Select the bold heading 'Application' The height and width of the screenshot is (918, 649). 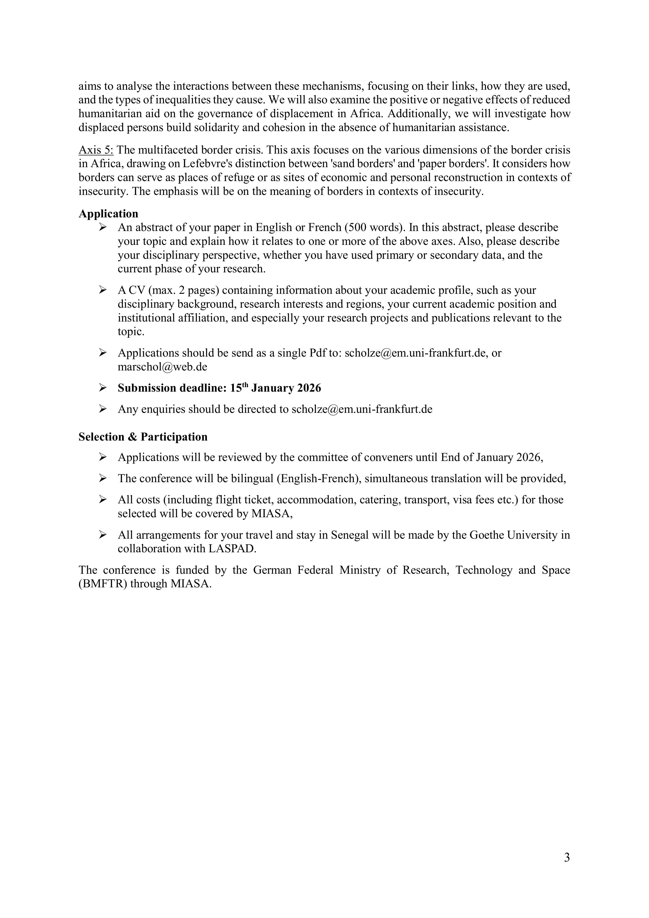tap(108, 214)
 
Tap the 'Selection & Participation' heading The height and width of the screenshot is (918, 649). tap(143, 437)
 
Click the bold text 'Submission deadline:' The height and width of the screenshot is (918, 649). tap(172, 388)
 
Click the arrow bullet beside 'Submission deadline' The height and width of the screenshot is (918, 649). tap(103, 388)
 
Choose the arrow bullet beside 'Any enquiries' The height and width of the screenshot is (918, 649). tap(103, 409)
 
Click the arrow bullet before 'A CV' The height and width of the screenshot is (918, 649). tap(103, 290)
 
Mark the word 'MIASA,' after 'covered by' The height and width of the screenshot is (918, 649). tap(272, 514)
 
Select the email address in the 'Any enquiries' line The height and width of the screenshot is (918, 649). tap(362, 409)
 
